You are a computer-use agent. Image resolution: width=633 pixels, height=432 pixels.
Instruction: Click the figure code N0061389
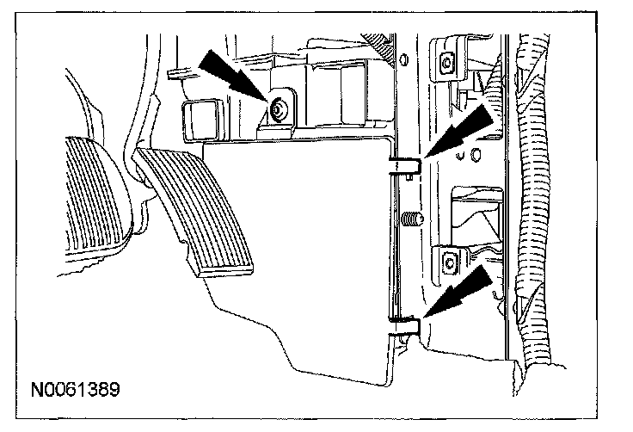coord(75,388)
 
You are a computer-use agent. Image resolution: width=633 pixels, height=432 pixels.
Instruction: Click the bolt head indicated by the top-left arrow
coord(279,109)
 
